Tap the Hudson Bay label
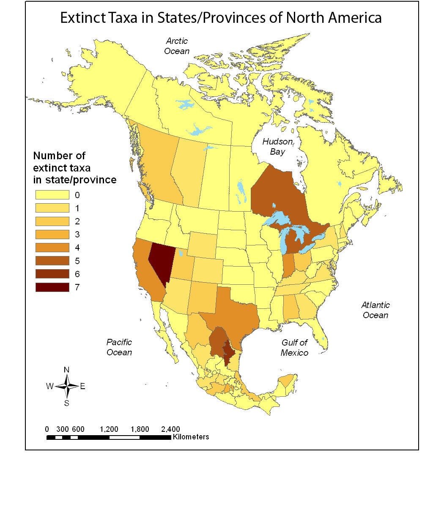(x=277, y=147)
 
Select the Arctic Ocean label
(x=177, y=46)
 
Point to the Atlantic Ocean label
(x=375, y=310)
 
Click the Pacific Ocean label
(x=119, y=347)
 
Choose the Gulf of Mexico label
(x=294, y=347)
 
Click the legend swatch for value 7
(x=52, y=287)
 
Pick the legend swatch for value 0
(x=52, y=195)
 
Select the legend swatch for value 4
(x=52, y=248)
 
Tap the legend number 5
(x=77, y=261)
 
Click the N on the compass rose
(x=66, y=370)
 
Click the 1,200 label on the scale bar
(x=109, y=429)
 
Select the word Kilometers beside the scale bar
(x=190, y=437)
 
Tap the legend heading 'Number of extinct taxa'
(x=74, y=168)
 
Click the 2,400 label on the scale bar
(x=170, y=429)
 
